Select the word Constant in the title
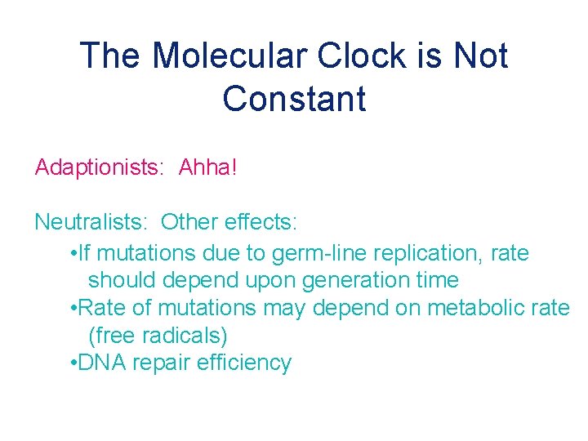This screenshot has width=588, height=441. point(294,99)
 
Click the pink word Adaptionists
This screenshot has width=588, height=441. point(98,167)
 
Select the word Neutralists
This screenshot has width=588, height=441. point(91,221)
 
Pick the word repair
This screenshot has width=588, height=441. point(160,363)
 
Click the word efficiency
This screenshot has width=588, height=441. point(244,363)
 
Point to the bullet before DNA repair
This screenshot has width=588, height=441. point(74,363)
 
